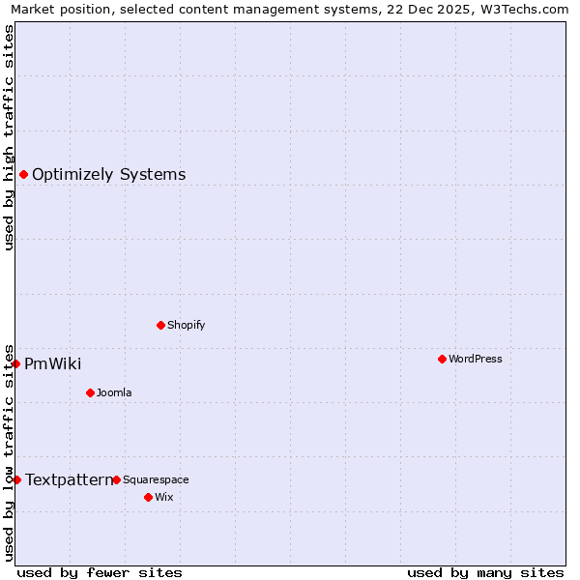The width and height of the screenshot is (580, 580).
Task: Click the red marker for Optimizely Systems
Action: point(23,174)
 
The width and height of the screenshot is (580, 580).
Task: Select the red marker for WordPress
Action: point(442,359)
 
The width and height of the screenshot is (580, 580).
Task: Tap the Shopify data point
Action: point(160,325)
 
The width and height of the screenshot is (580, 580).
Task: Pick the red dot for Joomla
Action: point(90,392)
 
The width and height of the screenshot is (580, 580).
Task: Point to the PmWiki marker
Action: point(16,363)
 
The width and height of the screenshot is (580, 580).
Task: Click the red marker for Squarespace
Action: point(116,479)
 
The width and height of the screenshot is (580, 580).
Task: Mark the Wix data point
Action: point(148,497)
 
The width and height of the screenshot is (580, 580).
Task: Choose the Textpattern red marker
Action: point(16,479)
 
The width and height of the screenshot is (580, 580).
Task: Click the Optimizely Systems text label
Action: point(109,175)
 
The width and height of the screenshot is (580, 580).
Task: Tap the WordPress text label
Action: point(476,359)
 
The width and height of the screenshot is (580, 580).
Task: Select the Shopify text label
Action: point(187,325)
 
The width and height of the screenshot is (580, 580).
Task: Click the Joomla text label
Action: point(114,392)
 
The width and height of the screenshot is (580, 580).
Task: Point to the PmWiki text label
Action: point(53,364)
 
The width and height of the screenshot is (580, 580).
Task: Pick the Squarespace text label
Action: point(156,479)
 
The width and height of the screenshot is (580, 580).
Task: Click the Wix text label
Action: point(163,497)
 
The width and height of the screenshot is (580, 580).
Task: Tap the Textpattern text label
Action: point(69,480)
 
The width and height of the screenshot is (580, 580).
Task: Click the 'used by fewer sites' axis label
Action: point(100,572)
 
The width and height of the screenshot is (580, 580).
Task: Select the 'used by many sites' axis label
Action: point(485,572)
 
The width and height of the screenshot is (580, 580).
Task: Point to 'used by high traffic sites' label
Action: point(10,137)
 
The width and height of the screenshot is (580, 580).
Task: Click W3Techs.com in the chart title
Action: point(520,9)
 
